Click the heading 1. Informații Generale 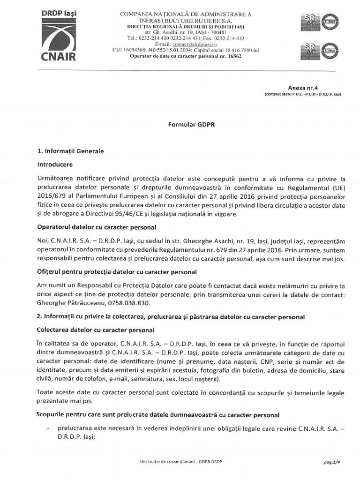click(x=70, y=151)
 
